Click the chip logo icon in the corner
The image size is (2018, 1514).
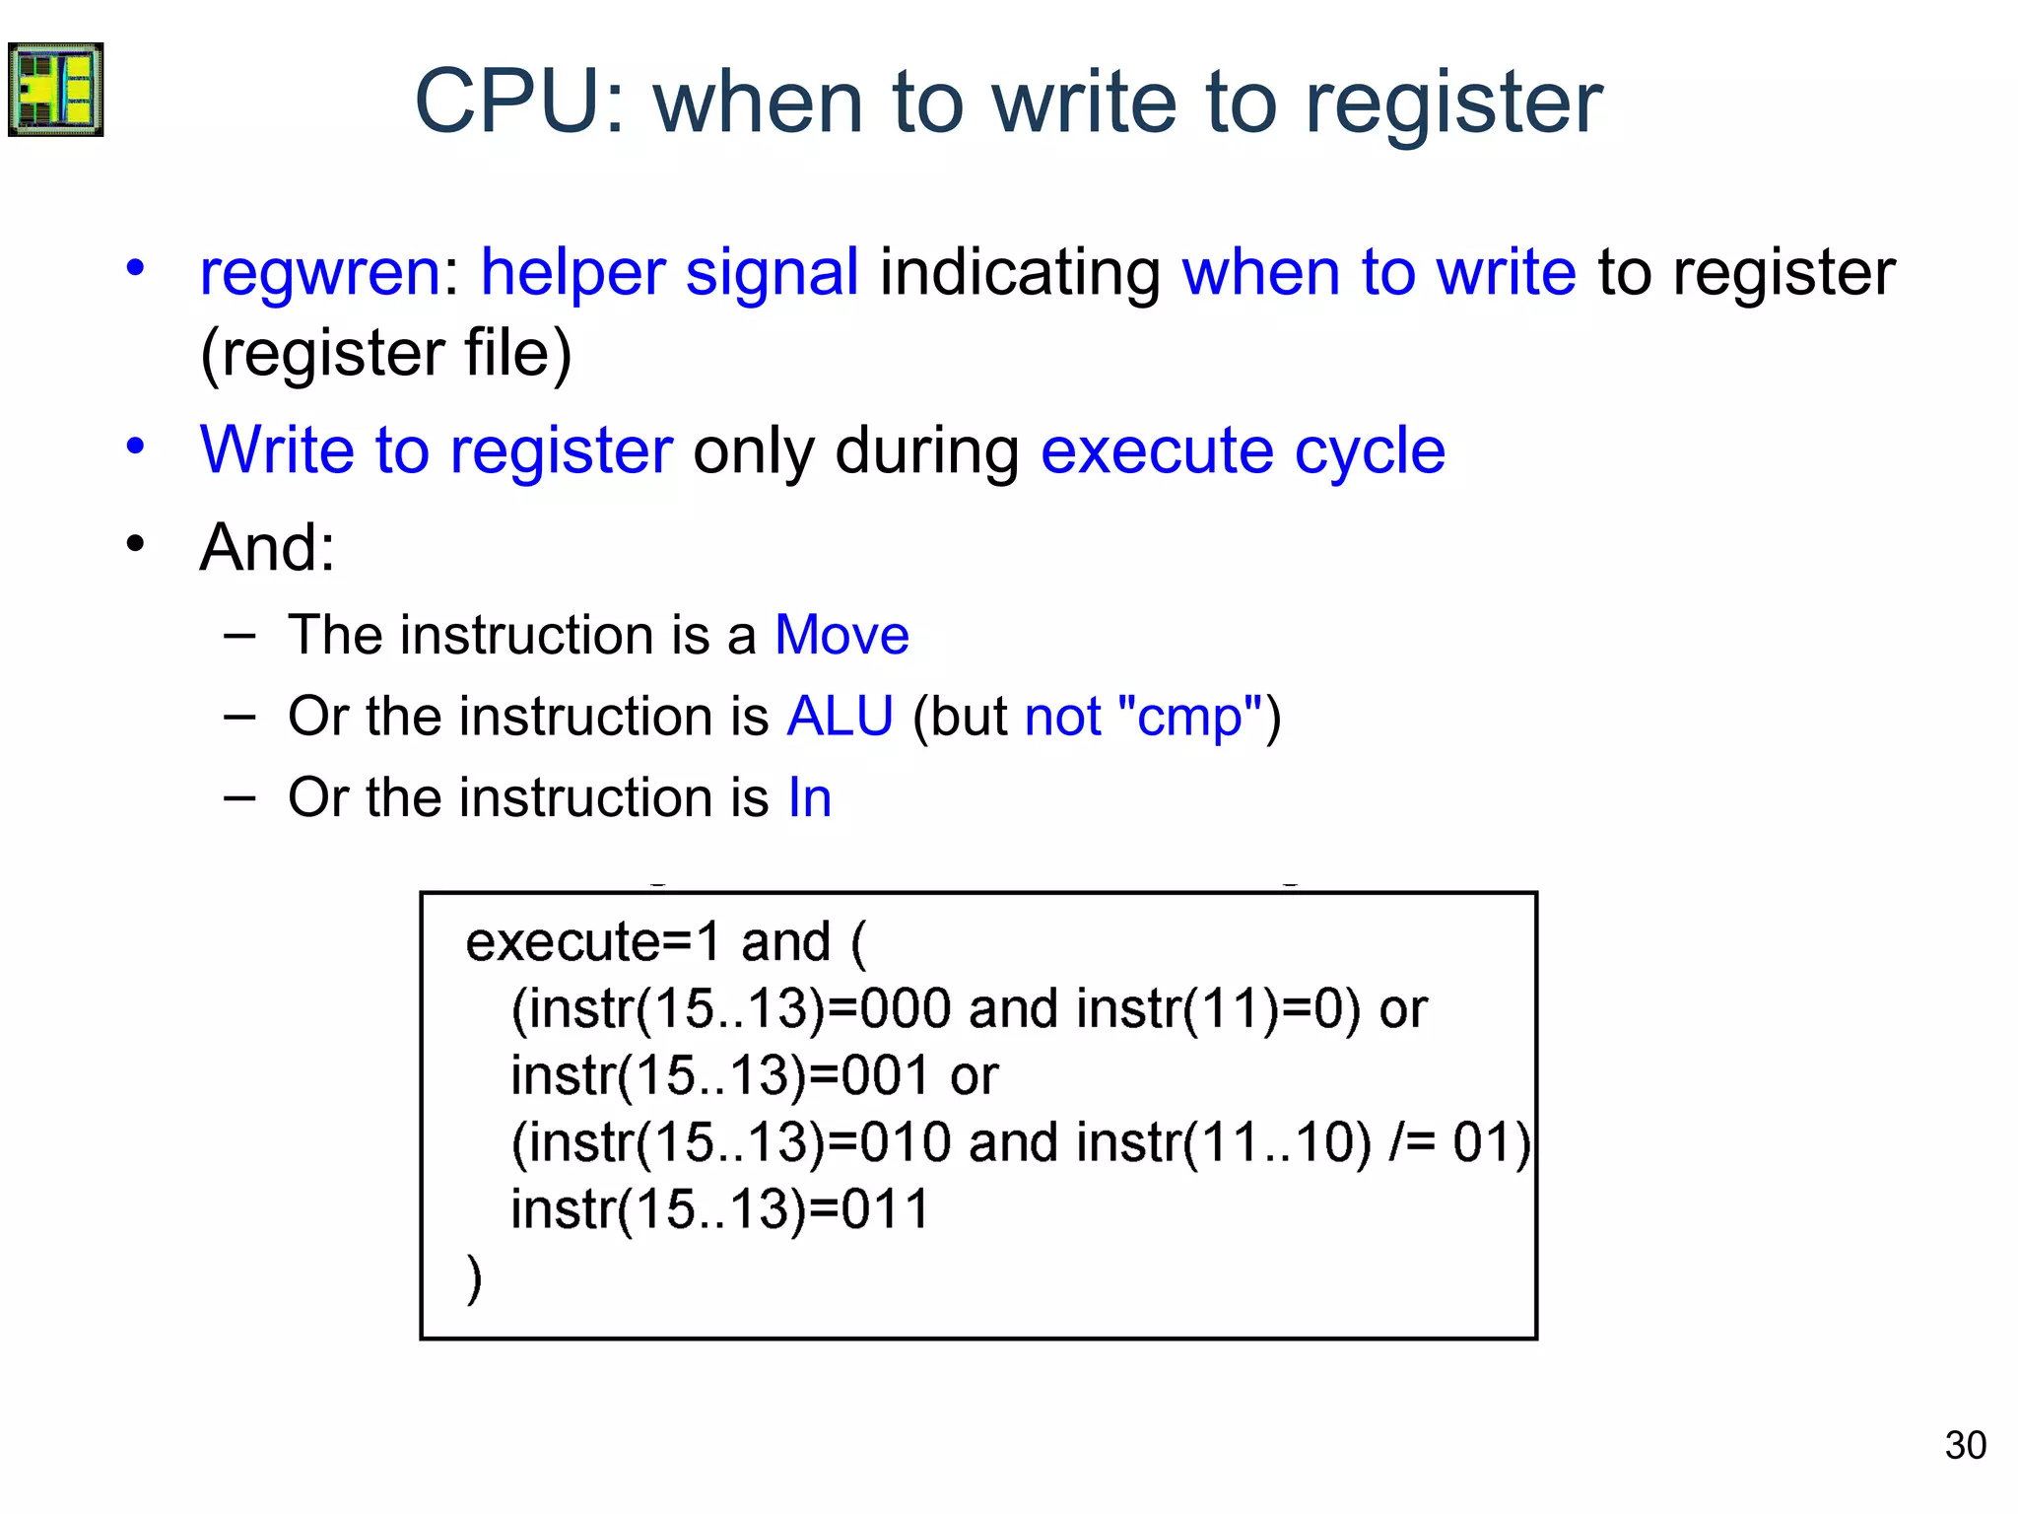click(56, 90)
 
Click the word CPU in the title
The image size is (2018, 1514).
click(520, 102)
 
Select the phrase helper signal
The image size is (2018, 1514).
click(669, 272)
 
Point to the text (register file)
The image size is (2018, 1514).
click(385, 353)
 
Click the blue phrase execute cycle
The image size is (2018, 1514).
click(1243, 450)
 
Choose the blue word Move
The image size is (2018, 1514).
click(841, 635)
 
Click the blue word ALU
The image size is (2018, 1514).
click(840, 716)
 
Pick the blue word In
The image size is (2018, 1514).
click(809, 797)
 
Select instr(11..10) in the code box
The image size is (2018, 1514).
click(1223, 1143)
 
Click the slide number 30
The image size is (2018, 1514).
click(1965, 1445)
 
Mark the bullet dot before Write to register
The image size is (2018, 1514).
click(136, 447)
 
